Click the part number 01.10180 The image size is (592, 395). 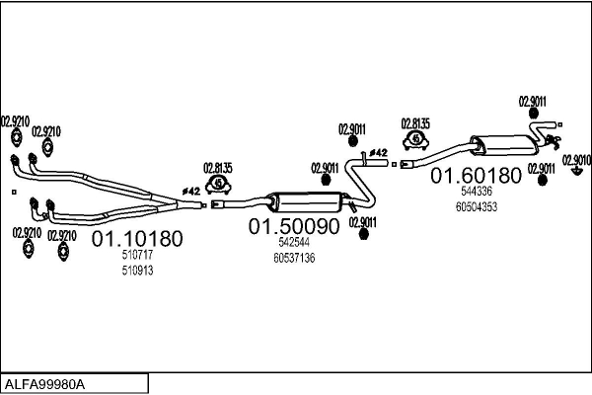point(137,239)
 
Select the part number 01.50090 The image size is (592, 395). point(294,226)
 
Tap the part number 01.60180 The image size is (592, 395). point(477,176)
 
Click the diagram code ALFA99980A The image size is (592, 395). point(44,384)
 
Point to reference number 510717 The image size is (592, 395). point(137,255)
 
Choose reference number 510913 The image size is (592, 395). point(137,271)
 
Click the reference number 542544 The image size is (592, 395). point(294,242)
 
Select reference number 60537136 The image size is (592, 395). point(294,258)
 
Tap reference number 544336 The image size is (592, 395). point(477,192)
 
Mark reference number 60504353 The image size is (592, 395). point(477,207)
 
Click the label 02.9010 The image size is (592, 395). point(576,160)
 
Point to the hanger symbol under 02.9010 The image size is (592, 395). point(576,171)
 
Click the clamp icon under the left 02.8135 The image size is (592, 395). point(218,185)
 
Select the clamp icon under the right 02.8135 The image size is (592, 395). point(415,140)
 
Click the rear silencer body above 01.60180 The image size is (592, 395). point(504,145)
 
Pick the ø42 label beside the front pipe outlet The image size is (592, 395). point(191,192)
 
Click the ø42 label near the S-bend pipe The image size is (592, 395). point(378,153)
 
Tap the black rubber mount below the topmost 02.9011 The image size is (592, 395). point(534,113)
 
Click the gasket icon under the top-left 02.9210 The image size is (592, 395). point(16,137)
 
